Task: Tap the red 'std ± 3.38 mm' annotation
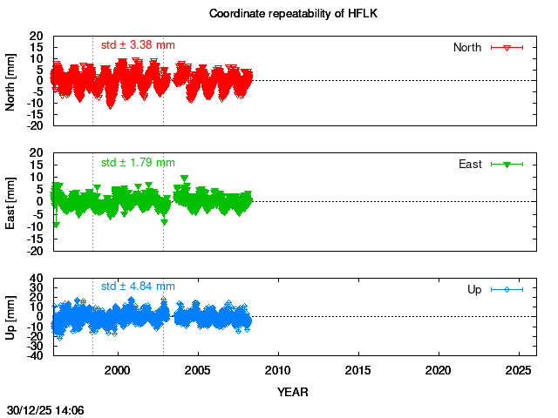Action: (x=138, y=44)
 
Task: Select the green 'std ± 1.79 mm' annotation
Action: (x=138, y=162)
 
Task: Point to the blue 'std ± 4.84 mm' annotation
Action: (x=138, y=286)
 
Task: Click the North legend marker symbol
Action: (x=507, y=47)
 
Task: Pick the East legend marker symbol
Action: (x=507, y=164)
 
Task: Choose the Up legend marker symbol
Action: (x=507, y=289)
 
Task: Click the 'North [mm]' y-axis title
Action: (x=11, y=81)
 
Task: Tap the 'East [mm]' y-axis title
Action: (x=11, y=201)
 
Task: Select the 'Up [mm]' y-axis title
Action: (x=11, y=317)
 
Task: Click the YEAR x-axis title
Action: (x=293, y=392)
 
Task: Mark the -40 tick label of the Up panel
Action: (x=35, y=355)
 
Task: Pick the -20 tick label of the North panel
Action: (x=35, y=125)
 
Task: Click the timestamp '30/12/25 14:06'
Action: (x=45, y=408)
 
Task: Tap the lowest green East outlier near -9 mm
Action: (x=57, y=225)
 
